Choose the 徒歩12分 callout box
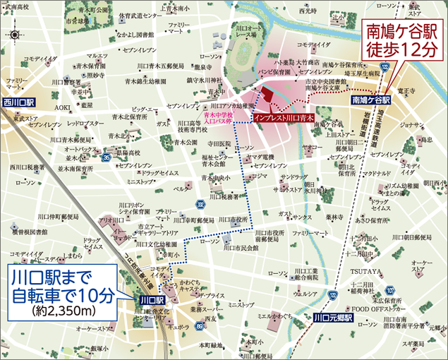point(400,41)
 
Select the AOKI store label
point(63,107)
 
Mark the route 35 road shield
point(105,157)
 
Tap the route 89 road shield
point(200,326)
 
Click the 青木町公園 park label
point(93,10)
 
